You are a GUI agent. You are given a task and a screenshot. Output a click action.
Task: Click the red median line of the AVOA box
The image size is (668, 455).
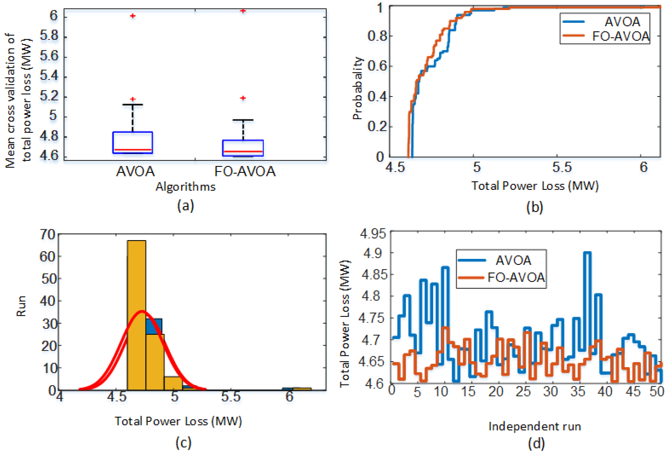pyautogui.click(x=132, y=150)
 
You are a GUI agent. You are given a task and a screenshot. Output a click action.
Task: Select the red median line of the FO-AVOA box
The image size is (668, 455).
pyautogui.click(x=243, y=151)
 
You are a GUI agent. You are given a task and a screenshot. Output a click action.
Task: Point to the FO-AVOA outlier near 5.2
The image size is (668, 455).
pyautogui.click(x=243, y=98)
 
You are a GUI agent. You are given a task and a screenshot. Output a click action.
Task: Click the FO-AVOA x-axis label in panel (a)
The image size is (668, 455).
pyautogui.click(x=245, y=171)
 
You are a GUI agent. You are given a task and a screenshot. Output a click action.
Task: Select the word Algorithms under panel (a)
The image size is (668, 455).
pyautogui.click(x=185, y=187)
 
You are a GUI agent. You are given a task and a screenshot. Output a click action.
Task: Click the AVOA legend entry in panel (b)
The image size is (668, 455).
pyautogui.click(x=601, y=22)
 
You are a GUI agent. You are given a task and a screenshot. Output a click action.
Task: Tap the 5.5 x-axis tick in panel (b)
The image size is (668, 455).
pyautogui.click(x=562, y=167)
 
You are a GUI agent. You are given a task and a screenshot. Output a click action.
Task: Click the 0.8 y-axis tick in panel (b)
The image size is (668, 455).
pyautogui.click(x=377, y=36)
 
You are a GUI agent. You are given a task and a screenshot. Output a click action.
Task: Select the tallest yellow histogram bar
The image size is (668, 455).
pyautogui.click(x=136, y=315)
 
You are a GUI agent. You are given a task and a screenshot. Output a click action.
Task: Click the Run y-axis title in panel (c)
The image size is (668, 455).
pyautogui.click(x=21, y=306)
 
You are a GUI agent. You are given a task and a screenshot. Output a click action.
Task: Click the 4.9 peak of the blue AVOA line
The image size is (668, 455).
pyautogui.click(x=587, y=253)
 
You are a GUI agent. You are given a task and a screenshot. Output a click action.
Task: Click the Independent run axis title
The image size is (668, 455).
pyautogui.click(x=535, y=426)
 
